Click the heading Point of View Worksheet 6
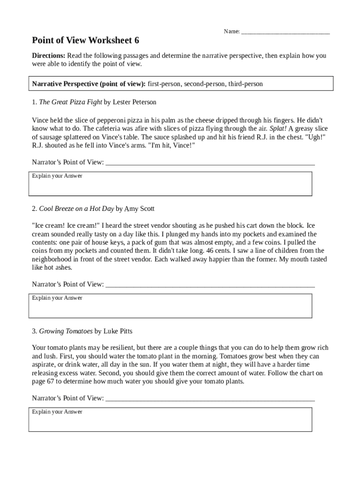[x=85, y=40]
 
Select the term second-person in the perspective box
[x=205, y=84]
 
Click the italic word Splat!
[x=278, y=129]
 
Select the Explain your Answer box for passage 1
[x=170, y=184]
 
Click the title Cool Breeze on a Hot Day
[x=76, y=209]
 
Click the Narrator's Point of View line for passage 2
[x=210, y=285]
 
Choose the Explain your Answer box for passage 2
[x=170, y=306]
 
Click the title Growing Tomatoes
[x=66, y=331]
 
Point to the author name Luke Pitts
[x=118, y=331]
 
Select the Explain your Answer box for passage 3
[x=170, y=419]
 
